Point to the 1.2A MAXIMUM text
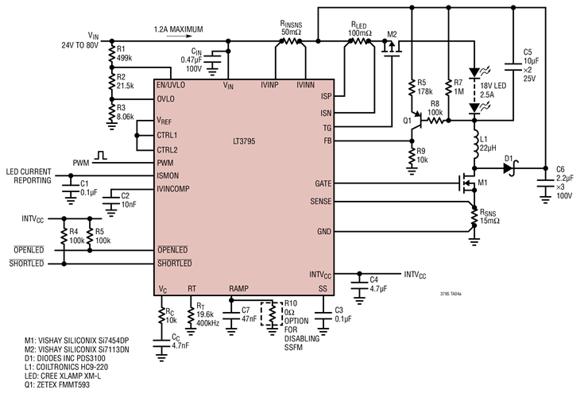pos(179,30)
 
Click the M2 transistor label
pos(391,34)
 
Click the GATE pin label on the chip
pos(323,183)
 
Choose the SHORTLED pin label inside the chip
pos(176,264)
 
